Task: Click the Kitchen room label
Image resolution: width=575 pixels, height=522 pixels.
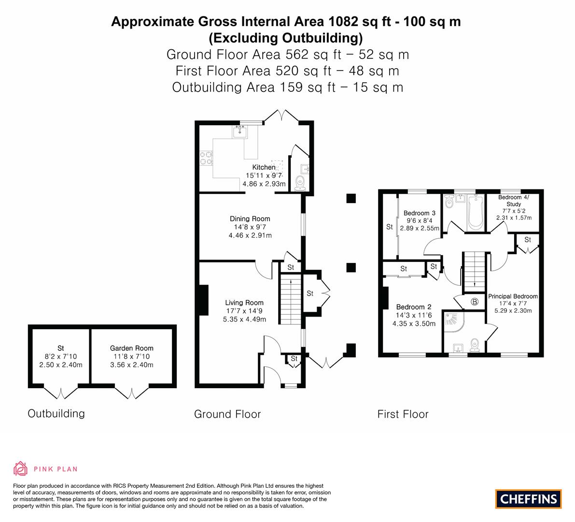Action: pyautogui.click(x=264, y=167)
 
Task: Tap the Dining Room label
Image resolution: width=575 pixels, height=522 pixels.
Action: pyautogui.click(x=250, y=219)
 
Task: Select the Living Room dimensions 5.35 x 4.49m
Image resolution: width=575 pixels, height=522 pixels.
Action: pyautogui.click(x=245, y=319)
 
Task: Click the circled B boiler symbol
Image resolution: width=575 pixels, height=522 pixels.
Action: pyautogui.click(x=475, y=302)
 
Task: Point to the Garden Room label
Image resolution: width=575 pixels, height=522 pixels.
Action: pyautogui.click(x=132, y=348)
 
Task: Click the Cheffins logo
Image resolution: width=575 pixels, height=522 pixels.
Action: pyautogui.click(x=529, y=499)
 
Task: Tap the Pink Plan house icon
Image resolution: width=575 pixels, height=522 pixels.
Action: pyautogui.click(x=20, y=468)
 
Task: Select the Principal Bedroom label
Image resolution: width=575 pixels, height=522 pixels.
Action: pyautogui.click(x=513, y=296)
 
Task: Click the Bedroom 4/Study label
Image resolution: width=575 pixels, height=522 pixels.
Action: pyautogui.click(x=513, y=201)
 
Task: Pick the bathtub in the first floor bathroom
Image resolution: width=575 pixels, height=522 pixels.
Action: pyautogui.click(x=476, y=213)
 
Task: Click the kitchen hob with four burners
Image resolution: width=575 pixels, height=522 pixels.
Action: pyautogui.click(x=206, y=158)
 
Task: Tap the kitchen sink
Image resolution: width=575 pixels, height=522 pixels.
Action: pyautogui.click(x=239, y=132)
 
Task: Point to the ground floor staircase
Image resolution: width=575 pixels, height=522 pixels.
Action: pyautogui.click(x=291, y=299)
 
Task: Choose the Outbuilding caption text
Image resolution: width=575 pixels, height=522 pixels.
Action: pyautogui.click(x=56, y=413)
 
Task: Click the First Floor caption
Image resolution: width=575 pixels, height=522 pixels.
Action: pyautogui.click(x=403, y=414)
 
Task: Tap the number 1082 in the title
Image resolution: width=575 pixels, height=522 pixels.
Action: pyautogui.click(x=343, y=22)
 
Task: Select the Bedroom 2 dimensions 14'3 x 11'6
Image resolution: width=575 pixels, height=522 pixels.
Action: pyautogui.click(x=414, y=315)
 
